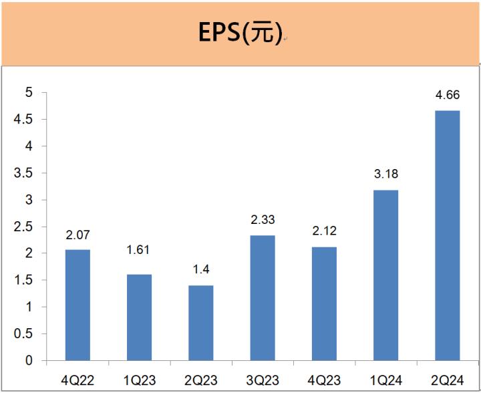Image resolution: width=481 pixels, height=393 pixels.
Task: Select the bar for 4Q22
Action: [77, 305]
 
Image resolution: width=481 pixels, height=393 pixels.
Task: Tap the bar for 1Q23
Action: [139, 317]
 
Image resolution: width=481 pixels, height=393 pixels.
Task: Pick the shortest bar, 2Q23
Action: [200, 323]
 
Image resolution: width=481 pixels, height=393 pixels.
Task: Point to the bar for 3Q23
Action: [262, 298]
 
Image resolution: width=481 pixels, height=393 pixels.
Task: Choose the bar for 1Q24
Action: [385, 275]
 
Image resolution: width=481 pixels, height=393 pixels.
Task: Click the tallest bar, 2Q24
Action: [447, 235]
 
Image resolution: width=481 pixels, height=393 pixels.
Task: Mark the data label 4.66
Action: [447, 96]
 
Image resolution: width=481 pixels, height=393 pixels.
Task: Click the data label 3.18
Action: [385, 175]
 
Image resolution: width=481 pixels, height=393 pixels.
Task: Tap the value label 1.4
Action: [200, 271]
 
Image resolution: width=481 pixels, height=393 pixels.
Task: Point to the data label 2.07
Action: [77, 235]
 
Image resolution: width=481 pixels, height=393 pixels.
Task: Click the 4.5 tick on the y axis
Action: [24, 120]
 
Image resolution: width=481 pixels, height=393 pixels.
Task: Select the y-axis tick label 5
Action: [29, 93]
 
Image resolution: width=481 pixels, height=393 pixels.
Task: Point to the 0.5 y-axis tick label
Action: [24, 334]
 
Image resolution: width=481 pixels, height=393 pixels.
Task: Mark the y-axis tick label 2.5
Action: [24, 227]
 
